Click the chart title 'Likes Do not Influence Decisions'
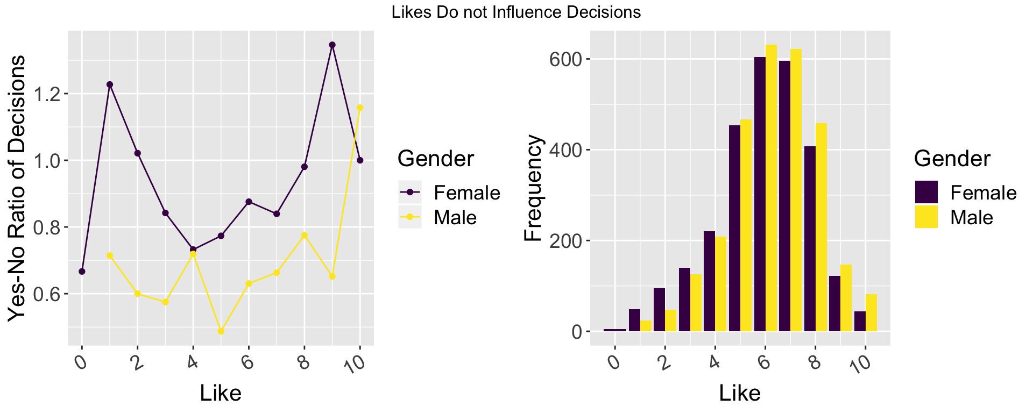click(x=516, y=12)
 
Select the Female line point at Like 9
click(x=332, y=45)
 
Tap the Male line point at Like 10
click(x=360, y=108)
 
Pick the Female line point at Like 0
click(x=82, y=271)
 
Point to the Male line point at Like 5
click(x=221, y=331)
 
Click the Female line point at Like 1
click(x=110, y=84)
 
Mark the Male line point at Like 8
click(x=305, y=235)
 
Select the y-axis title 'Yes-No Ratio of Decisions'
click(x=17, y=188)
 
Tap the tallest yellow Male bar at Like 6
click(x=771, y=188)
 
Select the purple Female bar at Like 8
click(x=810, y=239)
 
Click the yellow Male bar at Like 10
click(x=871, y=313)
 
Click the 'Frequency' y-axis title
click(x=534, y=188)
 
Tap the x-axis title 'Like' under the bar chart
click(x=740, y=393)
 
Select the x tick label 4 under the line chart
click(x=192, y=364)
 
